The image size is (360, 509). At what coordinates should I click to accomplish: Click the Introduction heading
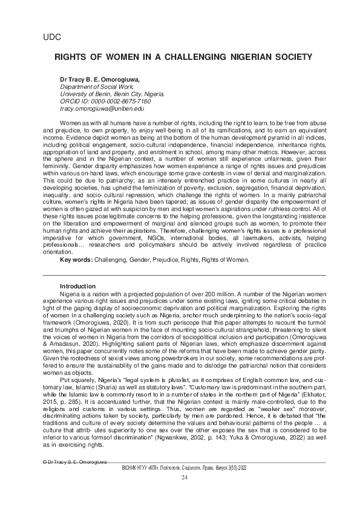coord(77,286)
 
